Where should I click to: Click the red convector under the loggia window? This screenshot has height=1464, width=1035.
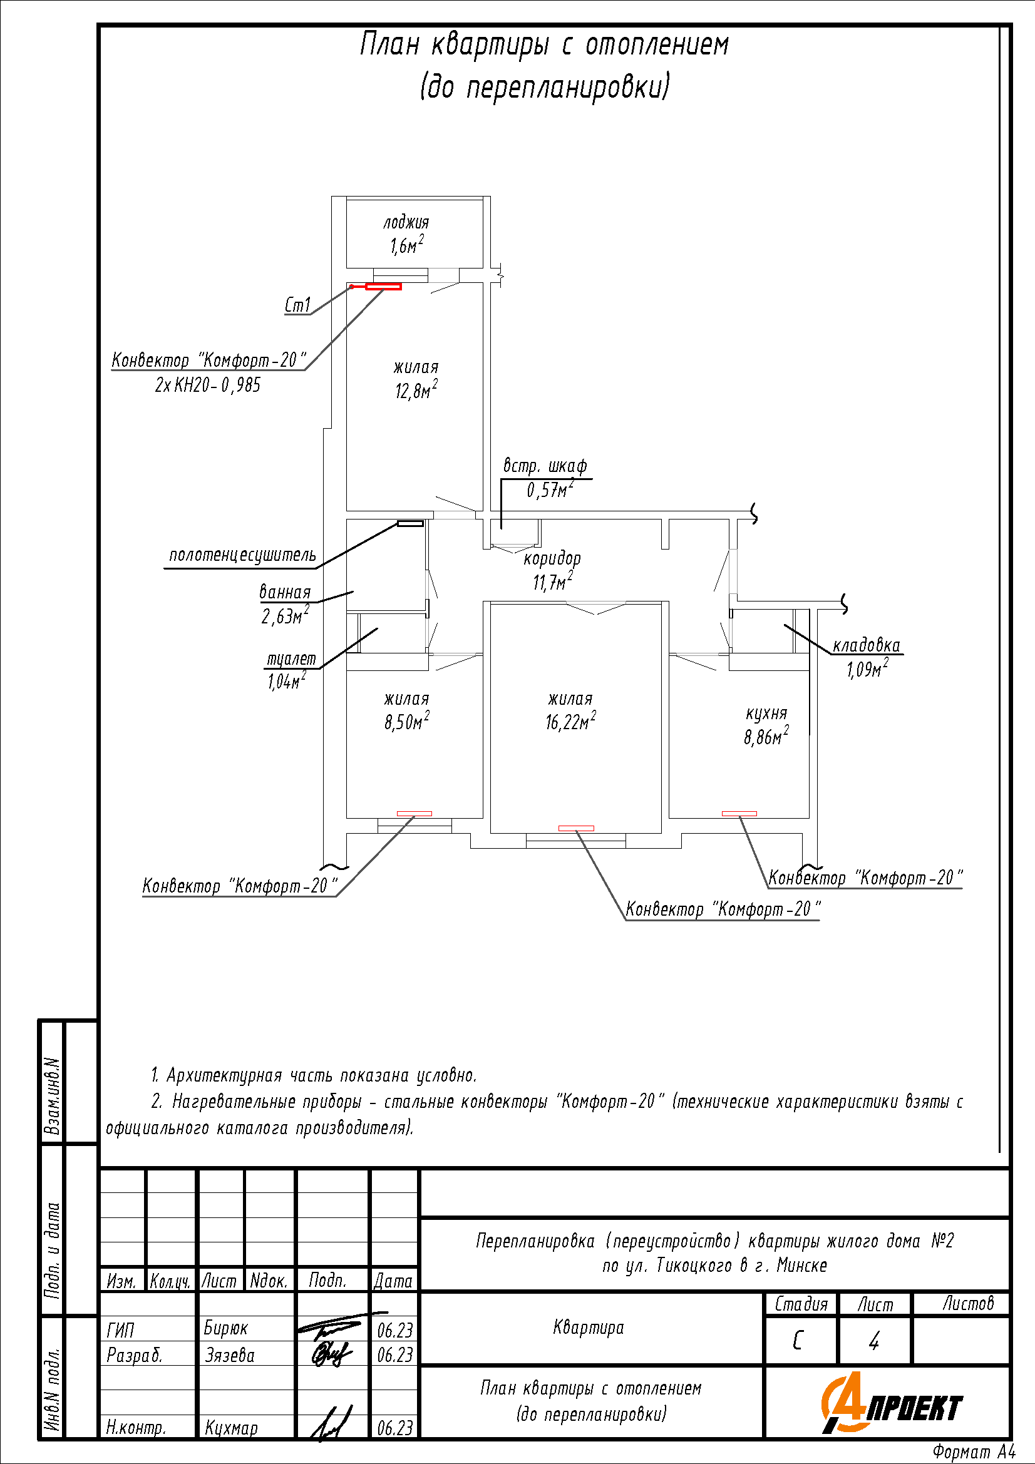point(383,287)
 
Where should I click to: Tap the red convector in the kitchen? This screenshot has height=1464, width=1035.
point(739,813)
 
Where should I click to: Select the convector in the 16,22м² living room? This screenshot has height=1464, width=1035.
point(576,828)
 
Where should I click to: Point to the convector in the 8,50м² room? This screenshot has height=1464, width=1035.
point(415,813)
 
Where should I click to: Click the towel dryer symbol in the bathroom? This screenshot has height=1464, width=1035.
point(410,523)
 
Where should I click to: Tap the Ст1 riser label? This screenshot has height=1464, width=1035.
point(297,305)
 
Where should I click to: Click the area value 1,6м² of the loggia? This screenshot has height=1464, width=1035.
point(406,245)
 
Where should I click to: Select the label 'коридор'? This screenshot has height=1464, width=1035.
point(552,558)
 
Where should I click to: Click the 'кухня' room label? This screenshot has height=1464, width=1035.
point(766,713)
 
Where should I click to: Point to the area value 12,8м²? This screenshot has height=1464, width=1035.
point(416,389)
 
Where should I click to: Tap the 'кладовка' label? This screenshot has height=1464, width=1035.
point(866,645)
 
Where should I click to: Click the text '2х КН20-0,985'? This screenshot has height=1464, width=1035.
point(208,385)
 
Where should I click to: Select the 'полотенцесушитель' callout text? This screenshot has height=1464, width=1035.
point(242,555)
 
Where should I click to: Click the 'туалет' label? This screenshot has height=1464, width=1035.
point(291,658)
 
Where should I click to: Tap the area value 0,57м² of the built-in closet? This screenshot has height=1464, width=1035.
point(550,489)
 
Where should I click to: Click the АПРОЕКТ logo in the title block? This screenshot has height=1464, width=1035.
point(892,1406)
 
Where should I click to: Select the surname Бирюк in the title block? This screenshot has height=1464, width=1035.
point(226,1328)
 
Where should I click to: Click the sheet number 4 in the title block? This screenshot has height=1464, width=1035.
point(873,1341)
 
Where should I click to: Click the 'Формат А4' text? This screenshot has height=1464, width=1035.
point(973,1452)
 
